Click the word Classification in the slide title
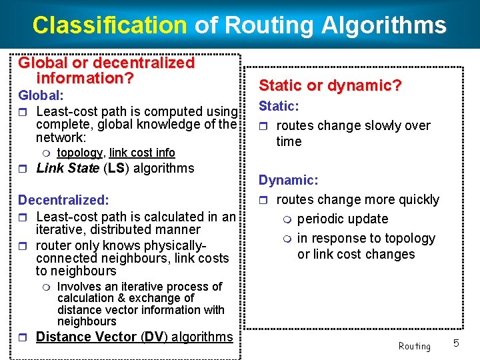pos(109,25)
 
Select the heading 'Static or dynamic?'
pos(330,86)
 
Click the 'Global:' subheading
pos(41,96)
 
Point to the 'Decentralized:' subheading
pos(63,200)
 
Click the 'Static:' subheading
pos(279,107)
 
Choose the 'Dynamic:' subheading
pos(288,181)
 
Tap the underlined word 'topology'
pos(79,153)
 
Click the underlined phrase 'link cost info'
pos(142,153)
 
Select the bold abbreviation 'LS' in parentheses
pos(116,169)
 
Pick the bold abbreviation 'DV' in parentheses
pos(155,337)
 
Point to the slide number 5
pos(457,343)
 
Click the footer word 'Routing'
pos(414,346)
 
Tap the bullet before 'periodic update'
pos(287,220)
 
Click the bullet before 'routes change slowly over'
pos(264,127)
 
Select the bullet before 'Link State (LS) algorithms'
pos(24,169)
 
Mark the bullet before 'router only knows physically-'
pos(24,246)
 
